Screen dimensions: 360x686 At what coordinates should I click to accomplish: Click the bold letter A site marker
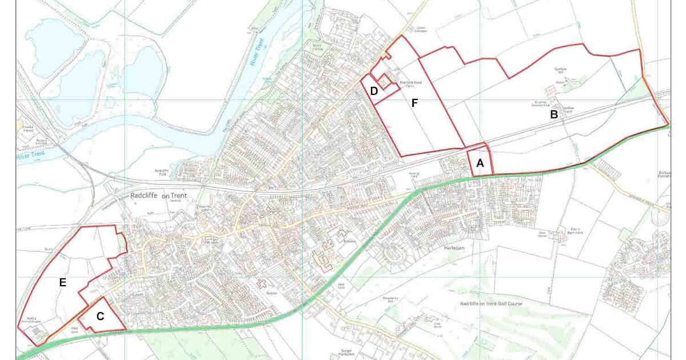(x=480, y=163)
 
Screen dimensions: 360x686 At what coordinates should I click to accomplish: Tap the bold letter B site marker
(x=553, y=114)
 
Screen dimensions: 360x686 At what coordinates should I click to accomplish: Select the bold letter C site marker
(x=100, y=316)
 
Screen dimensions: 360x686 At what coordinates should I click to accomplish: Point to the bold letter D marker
(x=374, y=91)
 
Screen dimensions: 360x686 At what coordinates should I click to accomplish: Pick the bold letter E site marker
(x=62, y=282)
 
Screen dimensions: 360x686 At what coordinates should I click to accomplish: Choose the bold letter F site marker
(x=414, y=103)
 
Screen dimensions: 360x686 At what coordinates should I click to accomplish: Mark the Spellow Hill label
(x=559, y=71)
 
